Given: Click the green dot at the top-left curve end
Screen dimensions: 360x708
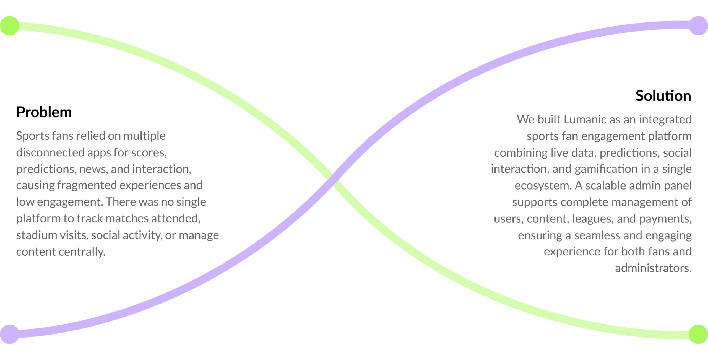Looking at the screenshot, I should [x=9, y=26].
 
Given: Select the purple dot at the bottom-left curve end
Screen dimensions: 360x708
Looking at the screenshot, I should [x=9, y=334].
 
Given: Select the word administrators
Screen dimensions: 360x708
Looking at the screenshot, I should [x=653, y=268].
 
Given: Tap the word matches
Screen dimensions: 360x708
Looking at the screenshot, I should [x=127, y=219].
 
